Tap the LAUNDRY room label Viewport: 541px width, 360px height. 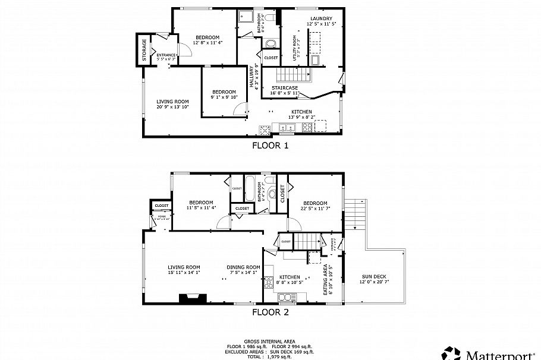tap(320, 18)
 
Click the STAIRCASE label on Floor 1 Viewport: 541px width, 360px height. tap(284, 88)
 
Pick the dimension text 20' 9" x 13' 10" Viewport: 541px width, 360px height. tap(172, 108)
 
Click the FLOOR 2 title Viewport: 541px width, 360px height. tap(270, 311)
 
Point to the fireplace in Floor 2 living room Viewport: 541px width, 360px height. tap(193, 298)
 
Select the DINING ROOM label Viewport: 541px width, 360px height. tap(243, 267)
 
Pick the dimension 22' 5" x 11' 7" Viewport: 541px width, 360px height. tap(315, 209)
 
